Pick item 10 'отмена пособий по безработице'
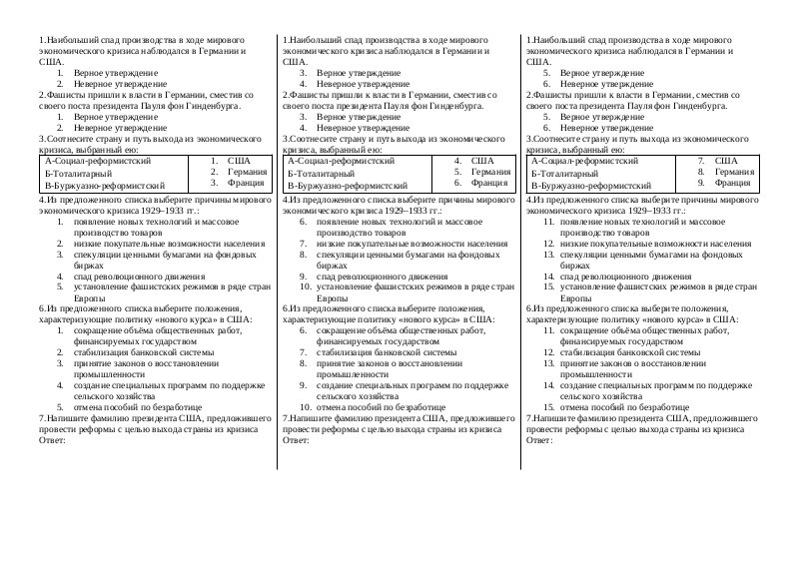[381, 407]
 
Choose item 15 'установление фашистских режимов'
[660, 287]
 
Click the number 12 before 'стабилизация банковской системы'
[548, 352]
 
